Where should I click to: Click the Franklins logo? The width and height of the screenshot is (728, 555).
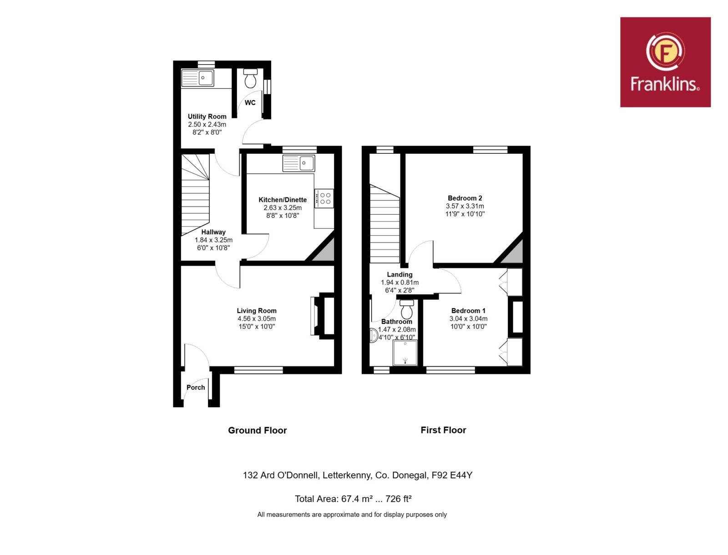point(665,62)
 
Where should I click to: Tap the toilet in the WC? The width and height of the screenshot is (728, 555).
point(250,78)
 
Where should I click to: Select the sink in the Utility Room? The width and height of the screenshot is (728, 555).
point(197,78)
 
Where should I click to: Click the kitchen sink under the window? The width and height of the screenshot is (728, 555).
point(298,163)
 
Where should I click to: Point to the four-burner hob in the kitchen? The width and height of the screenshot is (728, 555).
point(324,198)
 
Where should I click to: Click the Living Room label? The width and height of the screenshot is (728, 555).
point(256,311)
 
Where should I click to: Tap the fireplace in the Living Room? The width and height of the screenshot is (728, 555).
point(322,316)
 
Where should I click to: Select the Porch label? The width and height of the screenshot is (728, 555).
point(196,387)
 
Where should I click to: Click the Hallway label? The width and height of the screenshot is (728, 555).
point(213,232)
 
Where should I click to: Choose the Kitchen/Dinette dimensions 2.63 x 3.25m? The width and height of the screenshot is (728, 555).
point(283,208)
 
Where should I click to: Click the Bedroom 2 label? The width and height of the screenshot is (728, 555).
point(465,198)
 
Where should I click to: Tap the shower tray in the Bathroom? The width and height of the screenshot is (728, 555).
point(405,353)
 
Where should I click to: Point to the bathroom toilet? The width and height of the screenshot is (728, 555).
point(407,309)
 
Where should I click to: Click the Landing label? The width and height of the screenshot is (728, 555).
point(399,274)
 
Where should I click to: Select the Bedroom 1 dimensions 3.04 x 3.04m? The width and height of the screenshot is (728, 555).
point(468,318)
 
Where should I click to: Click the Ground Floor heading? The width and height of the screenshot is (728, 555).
point(258,430)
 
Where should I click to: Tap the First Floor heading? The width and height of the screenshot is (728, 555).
point(444,430)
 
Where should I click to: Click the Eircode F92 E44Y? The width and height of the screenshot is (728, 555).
point(452,475)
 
